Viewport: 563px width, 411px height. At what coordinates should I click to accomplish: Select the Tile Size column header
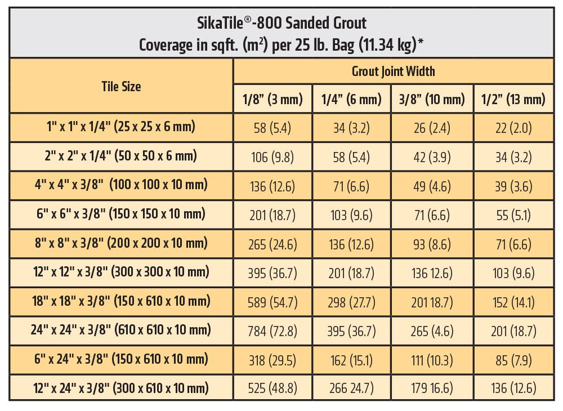coord(121,86)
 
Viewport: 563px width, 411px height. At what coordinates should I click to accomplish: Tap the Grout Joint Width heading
coord(393,72)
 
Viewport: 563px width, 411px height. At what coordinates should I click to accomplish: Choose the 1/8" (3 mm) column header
coord(272,100)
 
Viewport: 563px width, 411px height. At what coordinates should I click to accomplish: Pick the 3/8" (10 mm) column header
coord(432,100)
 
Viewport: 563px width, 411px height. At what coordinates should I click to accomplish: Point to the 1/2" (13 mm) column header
coord(513,100)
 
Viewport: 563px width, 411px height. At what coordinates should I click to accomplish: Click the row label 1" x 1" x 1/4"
coord(121,127)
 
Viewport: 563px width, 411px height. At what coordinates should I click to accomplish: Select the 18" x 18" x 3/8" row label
coord(121,301)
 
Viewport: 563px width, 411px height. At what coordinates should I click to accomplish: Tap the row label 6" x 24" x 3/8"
coord(121,359)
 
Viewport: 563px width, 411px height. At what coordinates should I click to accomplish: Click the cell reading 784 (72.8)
coord(272,330)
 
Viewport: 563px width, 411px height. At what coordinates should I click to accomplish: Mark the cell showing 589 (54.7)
coord(272,301)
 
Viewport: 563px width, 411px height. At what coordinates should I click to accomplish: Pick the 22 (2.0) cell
coord(513,128)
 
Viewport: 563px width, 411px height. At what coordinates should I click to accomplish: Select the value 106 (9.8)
coord(272,157)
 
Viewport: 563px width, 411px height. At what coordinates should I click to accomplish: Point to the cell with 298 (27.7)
coord(352,301)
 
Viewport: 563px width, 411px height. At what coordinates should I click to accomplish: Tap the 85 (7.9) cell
coord(513,360)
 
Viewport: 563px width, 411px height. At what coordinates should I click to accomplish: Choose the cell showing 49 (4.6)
coord(432,186)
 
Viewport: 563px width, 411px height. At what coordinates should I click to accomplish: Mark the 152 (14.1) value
coord(513,301)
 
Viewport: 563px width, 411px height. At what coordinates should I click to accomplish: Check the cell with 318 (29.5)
coord(272,360)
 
